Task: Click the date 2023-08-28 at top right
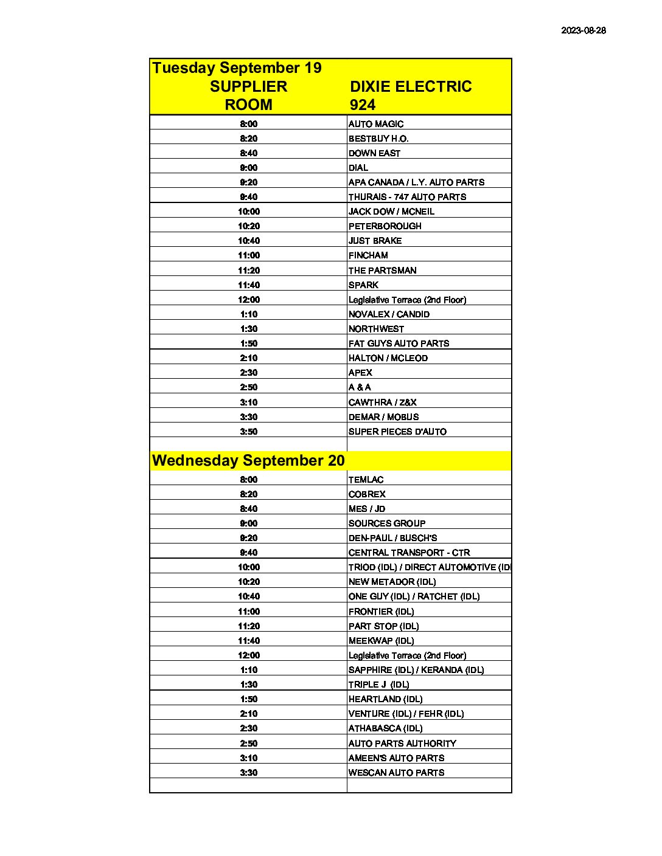(x=583, y=30)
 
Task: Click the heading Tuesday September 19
(x=237, y=67)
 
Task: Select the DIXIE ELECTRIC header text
(x=411, y=86)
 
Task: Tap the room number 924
(x=363, y=105)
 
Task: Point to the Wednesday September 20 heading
(x=248, y=460)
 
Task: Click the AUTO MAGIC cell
(x=376, y=123)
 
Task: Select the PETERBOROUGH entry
(x=385, y=226)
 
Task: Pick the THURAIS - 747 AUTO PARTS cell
(x=407, y=197)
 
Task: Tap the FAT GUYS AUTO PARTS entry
(x=399, y=343)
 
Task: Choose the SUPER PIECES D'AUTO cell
(x=397, y=432)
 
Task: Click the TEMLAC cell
(x=366, y=480)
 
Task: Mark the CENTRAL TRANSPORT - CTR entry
(x=409, y=553)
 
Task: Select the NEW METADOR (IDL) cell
(x=392, y=582)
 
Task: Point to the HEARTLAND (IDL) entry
(x=385, y=699)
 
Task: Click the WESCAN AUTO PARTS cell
(x=396, y=773)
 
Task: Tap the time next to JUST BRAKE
(x=248, y=241)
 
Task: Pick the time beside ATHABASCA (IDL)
(x=248, y=728)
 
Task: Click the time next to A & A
(x=248, y=387)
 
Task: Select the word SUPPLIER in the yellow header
(x=248, y=86)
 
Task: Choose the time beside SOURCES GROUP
(x=248, y=523)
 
